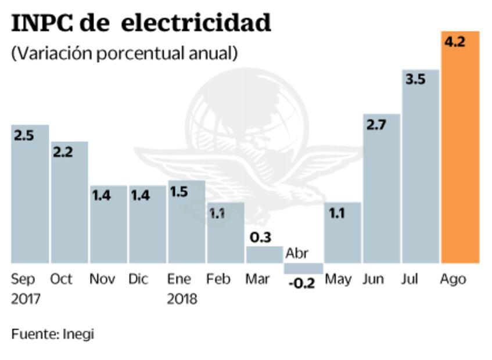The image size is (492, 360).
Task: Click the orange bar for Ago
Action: coord(460,151)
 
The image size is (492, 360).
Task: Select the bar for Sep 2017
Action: coord(30,197)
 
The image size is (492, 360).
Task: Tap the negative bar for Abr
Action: coord(303,268)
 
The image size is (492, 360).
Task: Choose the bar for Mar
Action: coord(264,255)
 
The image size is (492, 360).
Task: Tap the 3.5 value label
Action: coord(415,80)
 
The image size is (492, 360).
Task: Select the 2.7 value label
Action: coord(375,124)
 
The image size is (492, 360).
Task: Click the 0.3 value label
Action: coord(261,237)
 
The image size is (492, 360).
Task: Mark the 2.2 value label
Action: coord(63,152)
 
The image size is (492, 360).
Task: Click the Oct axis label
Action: coord(61,279)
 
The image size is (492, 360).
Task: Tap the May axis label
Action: coord(338,279)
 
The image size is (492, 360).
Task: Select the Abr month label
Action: coord(297,254)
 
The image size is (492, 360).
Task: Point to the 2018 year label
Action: coord(182,300)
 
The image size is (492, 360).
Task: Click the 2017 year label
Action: coord(25,300)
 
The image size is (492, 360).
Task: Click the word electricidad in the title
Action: coord(197,23)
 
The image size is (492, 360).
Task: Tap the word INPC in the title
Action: coord(41,23)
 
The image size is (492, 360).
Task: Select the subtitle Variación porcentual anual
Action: coord(124,53)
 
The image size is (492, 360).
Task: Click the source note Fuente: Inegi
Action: coord(52,334)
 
